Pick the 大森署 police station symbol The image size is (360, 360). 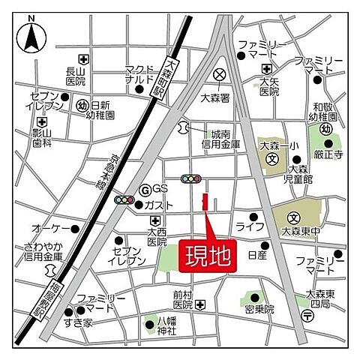tap(219, 74)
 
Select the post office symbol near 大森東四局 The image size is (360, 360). tap(307, 315)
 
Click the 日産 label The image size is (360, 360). tap(256, 255)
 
